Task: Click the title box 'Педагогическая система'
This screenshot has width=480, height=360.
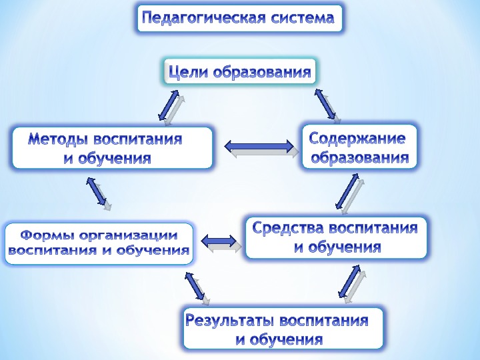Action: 239,18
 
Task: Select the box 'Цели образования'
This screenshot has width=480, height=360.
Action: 239,72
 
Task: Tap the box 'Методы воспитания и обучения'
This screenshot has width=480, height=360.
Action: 112,148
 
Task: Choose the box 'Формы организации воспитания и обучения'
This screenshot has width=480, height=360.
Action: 99,243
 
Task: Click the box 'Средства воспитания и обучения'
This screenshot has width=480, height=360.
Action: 336,237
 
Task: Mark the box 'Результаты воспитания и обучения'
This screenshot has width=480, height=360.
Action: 283,329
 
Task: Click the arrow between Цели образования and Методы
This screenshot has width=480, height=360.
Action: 170,107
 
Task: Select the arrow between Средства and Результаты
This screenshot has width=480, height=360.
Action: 350,282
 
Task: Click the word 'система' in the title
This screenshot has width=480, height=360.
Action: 303,18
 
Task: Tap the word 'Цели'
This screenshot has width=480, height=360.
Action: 188,72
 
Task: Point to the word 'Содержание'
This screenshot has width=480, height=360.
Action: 358,139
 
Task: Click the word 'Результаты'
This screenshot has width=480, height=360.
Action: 230,321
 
